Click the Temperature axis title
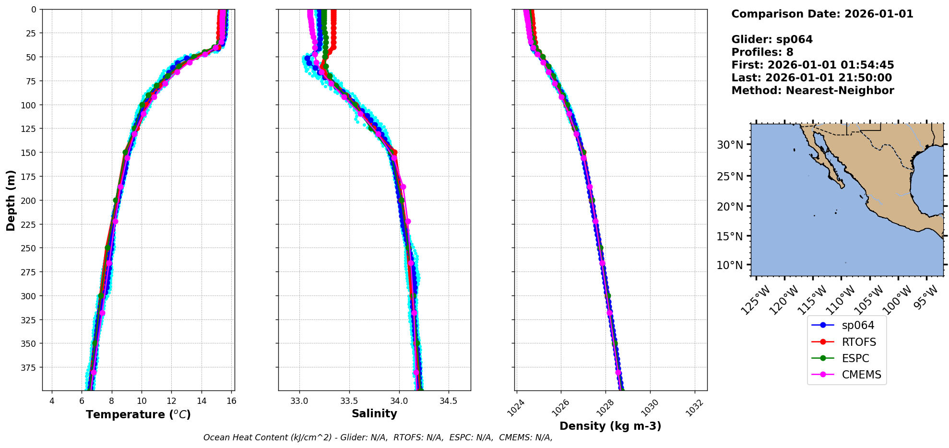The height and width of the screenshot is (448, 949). [138, 414]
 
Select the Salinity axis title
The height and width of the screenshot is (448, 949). [374, 413]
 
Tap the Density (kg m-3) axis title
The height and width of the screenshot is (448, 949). [610, 426]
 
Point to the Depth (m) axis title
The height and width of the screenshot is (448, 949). [11, 200]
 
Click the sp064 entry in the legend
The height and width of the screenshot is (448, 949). [858, 325]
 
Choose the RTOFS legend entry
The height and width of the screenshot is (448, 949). [859, 342]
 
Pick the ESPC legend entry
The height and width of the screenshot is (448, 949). [855, 358]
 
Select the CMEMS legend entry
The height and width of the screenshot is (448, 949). [861, 375]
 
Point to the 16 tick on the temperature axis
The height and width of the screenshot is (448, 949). [231, 401]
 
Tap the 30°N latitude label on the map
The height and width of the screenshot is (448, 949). [730, 145]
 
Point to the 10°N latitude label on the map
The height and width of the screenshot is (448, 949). [730, 265]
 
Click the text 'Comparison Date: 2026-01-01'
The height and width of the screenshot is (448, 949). [822, 14]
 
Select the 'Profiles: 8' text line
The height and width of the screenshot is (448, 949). [762, 52]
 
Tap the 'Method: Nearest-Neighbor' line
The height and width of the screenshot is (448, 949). [812, 91]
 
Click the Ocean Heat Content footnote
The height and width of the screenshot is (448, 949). [378, 437]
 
